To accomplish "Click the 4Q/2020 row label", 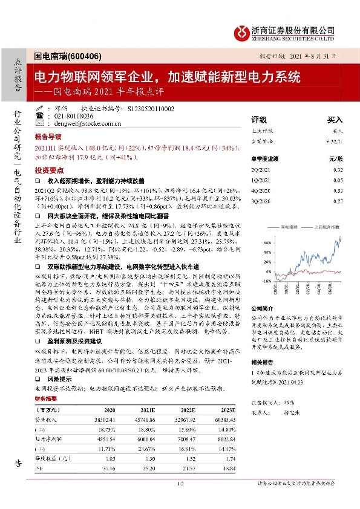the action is (x=261, y=191).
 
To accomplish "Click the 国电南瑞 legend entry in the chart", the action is (x=291, y=227).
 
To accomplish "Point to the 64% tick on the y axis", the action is (x=265, y=242).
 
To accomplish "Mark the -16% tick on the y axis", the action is (x=264, y=281).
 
